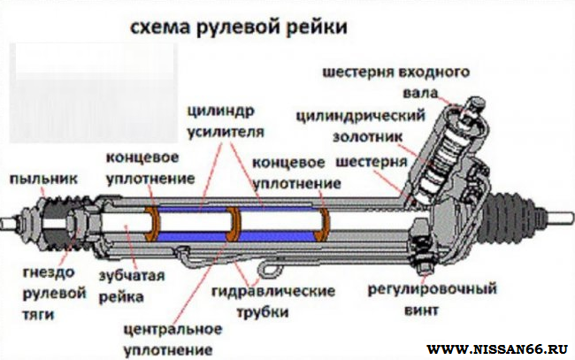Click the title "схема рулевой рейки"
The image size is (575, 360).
pos(238,27)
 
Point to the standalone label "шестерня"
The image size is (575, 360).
pos(371,164)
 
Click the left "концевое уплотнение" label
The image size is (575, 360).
pos(149,167)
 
